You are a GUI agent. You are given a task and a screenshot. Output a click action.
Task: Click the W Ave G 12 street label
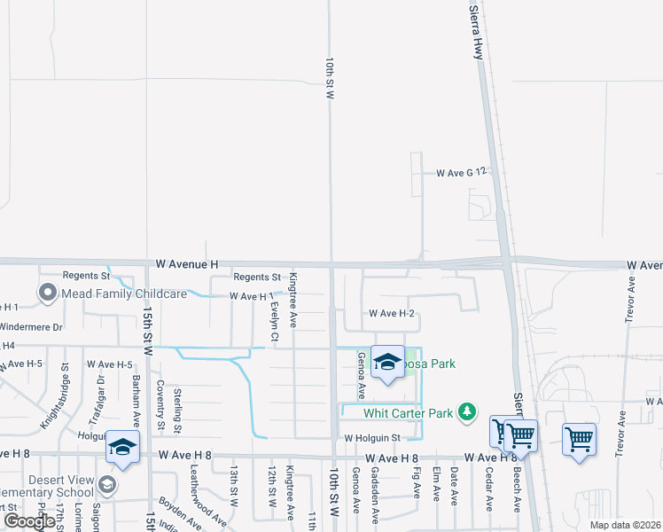[x=462, y=173]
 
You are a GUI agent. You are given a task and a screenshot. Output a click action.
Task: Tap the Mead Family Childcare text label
[x=124, y=293]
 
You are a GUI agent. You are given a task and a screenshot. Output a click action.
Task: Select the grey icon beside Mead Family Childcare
[x=48, y=292]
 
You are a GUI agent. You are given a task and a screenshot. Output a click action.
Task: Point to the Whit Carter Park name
[x=408, y=412]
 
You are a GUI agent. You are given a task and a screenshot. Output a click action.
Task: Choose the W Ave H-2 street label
[x=393, y=313]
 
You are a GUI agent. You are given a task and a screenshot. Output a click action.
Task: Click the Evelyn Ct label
[x=275, y=322]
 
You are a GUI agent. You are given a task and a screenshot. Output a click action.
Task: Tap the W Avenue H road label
[x=186, y=264]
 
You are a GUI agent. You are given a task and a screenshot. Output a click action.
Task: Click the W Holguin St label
[x=373, y=437]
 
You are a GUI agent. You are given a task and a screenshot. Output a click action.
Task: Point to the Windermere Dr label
[x=32, y=327]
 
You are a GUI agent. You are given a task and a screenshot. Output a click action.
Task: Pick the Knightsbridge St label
[x=66, y=390]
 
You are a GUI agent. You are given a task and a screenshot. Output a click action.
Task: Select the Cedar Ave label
[x=488, y=490]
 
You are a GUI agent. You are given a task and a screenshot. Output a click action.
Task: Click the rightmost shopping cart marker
[x=578, y=439]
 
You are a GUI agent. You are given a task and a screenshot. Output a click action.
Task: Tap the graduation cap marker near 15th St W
[x=122, y=447]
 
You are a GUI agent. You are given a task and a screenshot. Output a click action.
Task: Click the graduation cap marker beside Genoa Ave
[x=387, y=362]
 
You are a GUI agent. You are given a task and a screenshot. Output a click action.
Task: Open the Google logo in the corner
[x=29, y=521]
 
